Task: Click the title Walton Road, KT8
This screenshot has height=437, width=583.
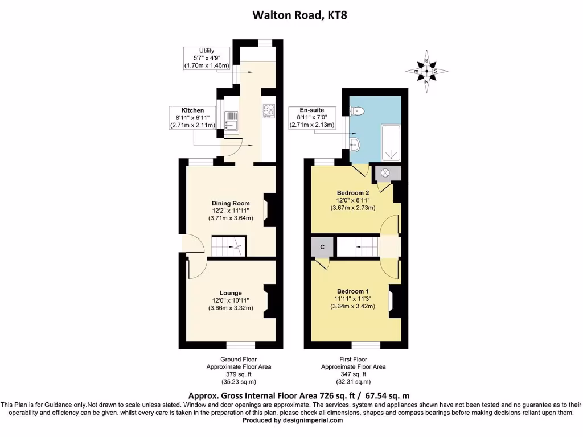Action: tap(299, 15)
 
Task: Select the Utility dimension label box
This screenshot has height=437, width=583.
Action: tap(206, 59)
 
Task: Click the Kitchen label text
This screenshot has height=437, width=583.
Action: tap(192, 110)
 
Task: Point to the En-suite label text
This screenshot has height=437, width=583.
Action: tap(312, 110)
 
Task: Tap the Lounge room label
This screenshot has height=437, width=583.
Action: tap(231, 293)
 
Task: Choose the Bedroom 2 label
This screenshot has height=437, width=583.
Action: tap(350, 192)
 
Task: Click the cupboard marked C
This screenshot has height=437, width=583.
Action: tap(323, 247)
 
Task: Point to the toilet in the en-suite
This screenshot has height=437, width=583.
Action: tap(357, 111)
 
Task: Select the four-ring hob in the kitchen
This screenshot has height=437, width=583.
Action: tap(269, 110)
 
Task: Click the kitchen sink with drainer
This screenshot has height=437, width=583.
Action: tap(232, 121)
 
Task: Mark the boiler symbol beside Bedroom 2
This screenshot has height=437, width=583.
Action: tap(385, 172)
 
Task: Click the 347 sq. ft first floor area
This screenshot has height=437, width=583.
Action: tap(353, 374)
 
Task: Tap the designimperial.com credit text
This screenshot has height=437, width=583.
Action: tap(293, 420)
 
